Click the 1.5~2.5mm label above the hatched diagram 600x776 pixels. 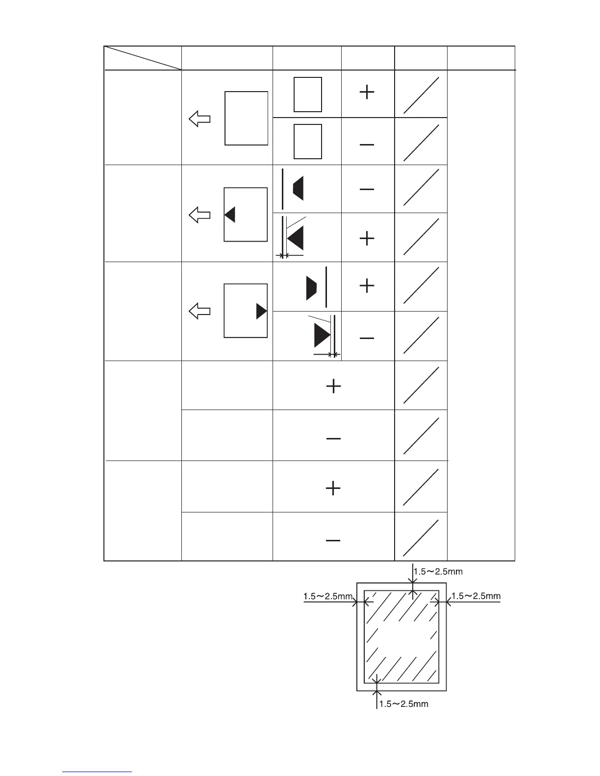[438, 571]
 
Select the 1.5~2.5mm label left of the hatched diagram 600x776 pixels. [328, 596]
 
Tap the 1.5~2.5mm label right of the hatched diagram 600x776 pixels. [476, 596]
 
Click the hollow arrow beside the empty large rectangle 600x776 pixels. [200, 119]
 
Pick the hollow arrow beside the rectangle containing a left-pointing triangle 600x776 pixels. [200, 215]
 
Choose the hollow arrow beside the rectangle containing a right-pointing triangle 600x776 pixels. [200, 311]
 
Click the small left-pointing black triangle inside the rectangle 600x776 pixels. [230, 215]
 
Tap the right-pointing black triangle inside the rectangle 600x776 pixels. [261, 311]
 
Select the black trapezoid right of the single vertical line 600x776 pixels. [298, 189]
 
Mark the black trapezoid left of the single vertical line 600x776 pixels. [311, 288]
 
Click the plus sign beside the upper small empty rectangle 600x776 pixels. [367, 92]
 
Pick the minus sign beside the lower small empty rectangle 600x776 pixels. [367, 145]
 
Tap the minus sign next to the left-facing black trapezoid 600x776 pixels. [367, 190]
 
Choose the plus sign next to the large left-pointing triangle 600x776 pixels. [367, 239]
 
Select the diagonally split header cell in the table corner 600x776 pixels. [143, 58]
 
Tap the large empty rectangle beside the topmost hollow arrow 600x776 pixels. [246, 118]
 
